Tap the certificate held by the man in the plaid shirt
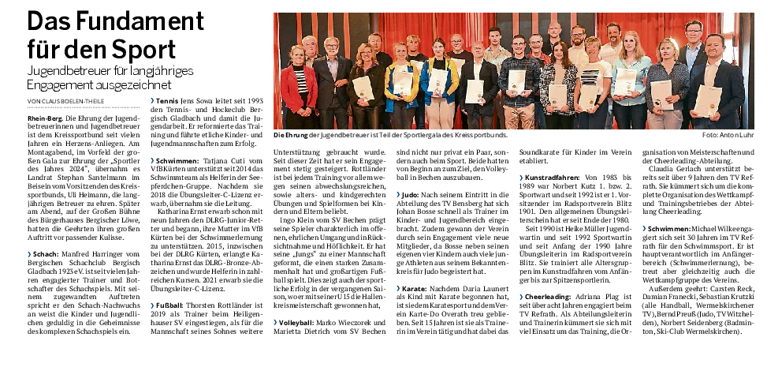516,80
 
